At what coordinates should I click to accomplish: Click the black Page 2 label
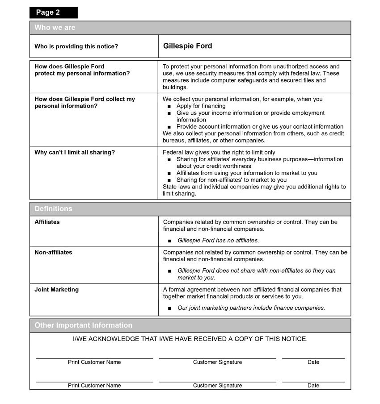click(x=53, y=12)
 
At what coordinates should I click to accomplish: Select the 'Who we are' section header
click(x=55, y=28)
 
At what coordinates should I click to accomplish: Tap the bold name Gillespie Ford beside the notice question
click(x=187, y=46)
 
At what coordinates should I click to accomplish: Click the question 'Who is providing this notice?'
click(x=76, y=46)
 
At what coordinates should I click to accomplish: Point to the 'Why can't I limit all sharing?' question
click(x=75, y=152)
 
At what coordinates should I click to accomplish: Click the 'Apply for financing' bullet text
click(x=201, y=106)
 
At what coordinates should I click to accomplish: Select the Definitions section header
click(x=53, y=209)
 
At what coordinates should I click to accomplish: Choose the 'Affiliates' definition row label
click(x=47, y=222)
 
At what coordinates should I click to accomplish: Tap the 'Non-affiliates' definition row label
click(x=53, y=252)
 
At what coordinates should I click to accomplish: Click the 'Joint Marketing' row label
click(x=56, y=290)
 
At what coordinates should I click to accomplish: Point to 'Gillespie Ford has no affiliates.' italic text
click(x=218, y=241)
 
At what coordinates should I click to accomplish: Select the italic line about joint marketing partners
click(x=251, y=308)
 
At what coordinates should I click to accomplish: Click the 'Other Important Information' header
click(x=83, y=325)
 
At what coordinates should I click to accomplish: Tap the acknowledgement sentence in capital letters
click(x=190, y=339)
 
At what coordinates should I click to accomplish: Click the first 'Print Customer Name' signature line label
click(x=94, y=362)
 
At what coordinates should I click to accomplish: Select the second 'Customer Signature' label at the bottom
click(x=217, y=385)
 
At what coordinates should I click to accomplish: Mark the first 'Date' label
click(x=313, y=362)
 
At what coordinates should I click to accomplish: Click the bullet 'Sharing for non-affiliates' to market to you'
click(x=231, y=180)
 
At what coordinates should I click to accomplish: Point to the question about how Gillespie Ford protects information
click(x=82, y=70)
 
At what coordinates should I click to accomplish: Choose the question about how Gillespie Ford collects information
click(x=84, y=103)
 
